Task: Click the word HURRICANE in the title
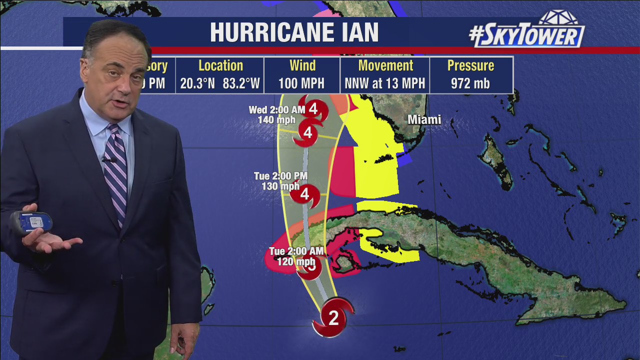pyautogui.click(x=267, y=33)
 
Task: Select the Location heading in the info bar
pyautogui.click(x=220, y=65)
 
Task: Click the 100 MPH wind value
pyautogui.click(x=302, y=83)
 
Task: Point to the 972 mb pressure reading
pyautogui.click(x=470, y=83)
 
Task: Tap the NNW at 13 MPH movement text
pyautogui.click(x=385, y=83)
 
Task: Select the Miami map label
pyautogui.click(x=424, y=120)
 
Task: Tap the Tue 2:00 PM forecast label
pyautogui.click(x=280, y=176)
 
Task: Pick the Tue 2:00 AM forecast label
pyautogui.click(x=296, y=251)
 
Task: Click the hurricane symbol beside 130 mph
pyautogui.click(x=305, y=194)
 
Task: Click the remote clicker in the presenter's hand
pyautogui.click(x=31, y=222)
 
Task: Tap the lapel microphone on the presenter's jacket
pyautogui.click(x=107, y=159)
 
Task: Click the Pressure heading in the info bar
pyautogui.click(x=470, y=65)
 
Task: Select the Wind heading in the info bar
pyautogui.click(x=302, y=65)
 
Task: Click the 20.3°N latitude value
pyautogui.click(x=198, y=83)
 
